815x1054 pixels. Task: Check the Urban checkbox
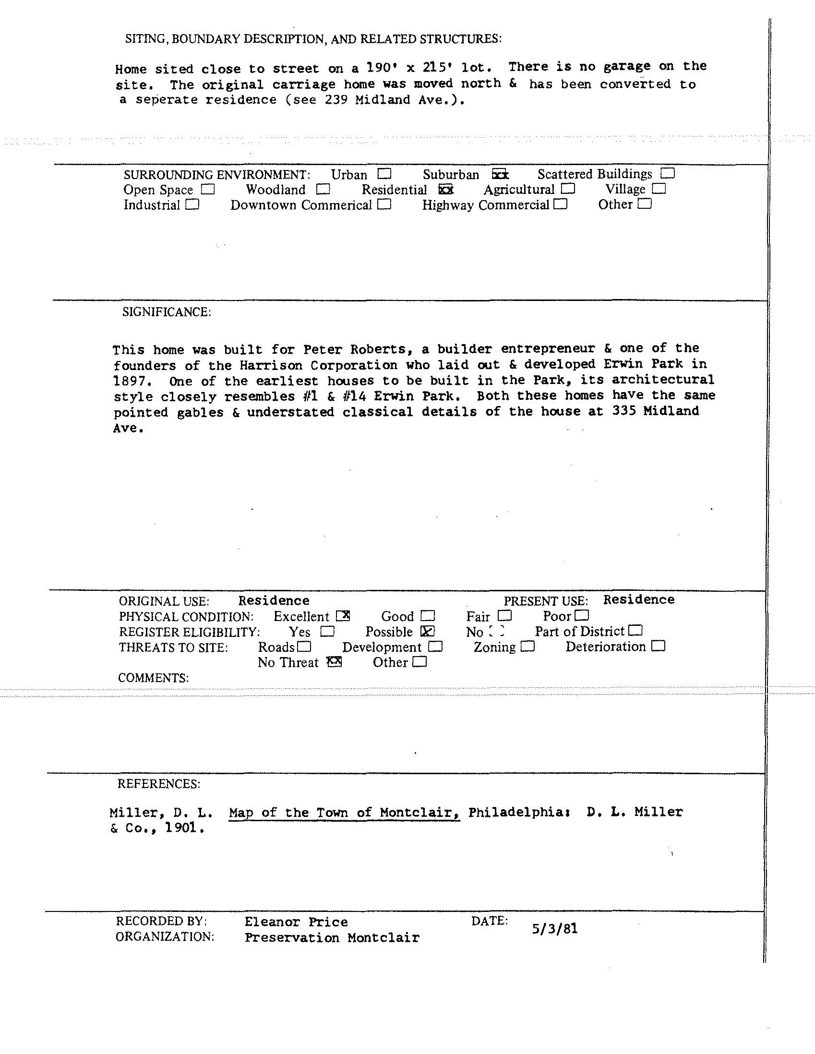click(384, 173)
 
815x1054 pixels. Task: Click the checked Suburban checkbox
click(500, 174)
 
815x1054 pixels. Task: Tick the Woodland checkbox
click(324, 189)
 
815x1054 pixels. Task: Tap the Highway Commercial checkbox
click(560, 204)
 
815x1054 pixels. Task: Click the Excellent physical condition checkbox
click(343, 616)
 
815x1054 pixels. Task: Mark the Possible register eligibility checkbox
click(428, 631)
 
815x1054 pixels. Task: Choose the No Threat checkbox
click(334, 662)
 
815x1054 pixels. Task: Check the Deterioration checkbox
click(658, 646)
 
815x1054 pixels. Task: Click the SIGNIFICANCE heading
click(167, 312)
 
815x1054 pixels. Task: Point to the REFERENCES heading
click(159, 784)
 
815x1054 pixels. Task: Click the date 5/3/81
click(554, 929)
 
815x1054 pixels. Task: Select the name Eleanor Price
click(296, 922)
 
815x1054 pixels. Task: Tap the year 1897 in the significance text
click(129, 381)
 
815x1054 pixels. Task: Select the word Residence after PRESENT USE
click(638, 599)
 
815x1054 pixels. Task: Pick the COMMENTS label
click(154, 678)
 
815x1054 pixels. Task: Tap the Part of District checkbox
click(635, 630)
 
